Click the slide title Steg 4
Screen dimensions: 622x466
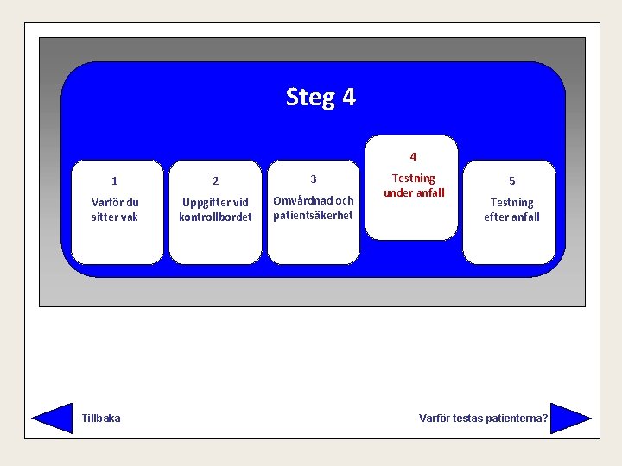pyautogui.click(x=321, y=97)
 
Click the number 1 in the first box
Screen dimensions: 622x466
pyautogui.click(x=115, y=181)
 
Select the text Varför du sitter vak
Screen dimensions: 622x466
pyautogui.click(x=115, y=210)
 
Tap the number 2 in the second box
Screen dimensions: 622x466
pyautogui.click(x=216, y=181)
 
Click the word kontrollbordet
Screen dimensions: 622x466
pyautogui.click(x=215, y=217)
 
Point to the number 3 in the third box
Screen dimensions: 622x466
pyautogui.click(x=314, y=179)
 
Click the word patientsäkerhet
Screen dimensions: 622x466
pyautogui.click(x=314, y=216)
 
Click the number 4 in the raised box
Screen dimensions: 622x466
pyautogui.click(x=413, y=157)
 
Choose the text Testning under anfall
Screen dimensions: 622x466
pyautogui.click(x=414, y=186)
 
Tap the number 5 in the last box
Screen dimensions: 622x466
pyautogui.click(x=511, y=181)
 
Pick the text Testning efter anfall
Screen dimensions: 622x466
pyautogui.click(x=511, y=210)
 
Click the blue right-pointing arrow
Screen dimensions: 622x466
pyautogui.click(x=570, y=418)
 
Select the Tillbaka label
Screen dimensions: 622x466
pyautogui.click(x=101, y=419)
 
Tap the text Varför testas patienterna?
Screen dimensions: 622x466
pyautogui.click(x=483, y=419)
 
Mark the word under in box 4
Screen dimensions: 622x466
pyautogui.click(x=399, y=193)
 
